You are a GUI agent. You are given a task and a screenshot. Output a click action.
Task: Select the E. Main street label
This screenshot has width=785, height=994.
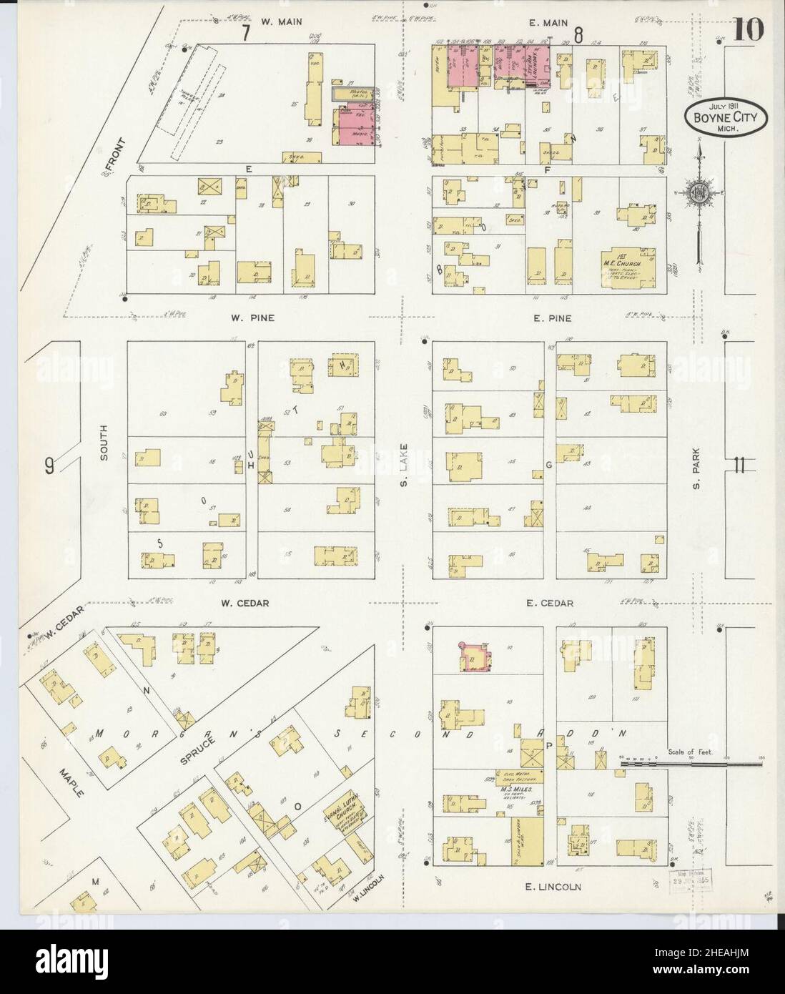(550, 23)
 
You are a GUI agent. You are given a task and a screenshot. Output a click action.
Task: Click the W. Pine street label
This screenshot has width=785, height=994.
(255, 318)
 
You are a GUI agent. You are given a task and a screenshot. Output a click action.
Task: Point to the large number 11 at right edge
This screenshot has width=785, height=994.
(739, 466)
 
